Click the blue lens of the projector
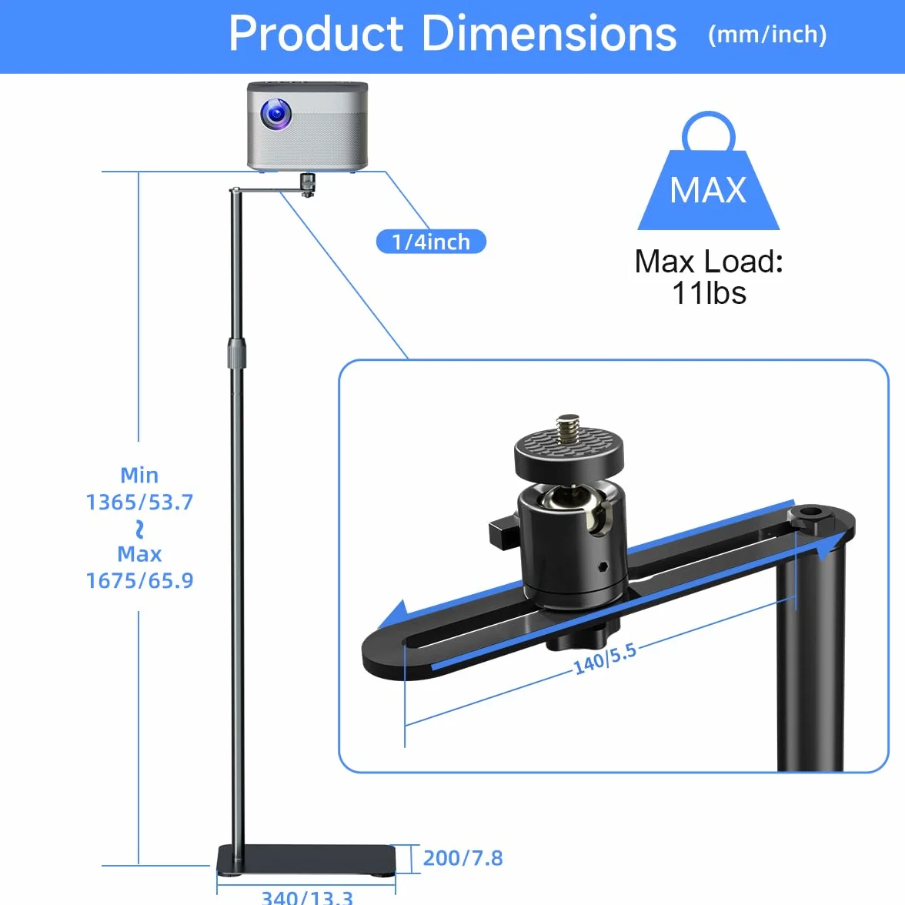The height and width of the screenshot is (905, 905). pyautogui.click(x=276, y=114)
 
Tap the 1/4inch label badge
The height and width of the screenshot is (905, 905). pyautogui.click(x=431, y=242)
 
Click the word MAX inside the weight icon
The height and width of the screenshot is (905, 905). pyautogui.click(x=708, y=190)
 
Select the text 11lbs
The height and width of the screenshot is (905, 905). pyautogui.click(x=709, y=292)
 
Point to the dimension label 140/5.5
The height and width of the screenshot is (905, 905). pyautogui.click(x=605, y=659)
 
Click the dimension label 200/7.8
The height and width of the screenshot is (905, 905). pyautogui.click(x=463, y=858)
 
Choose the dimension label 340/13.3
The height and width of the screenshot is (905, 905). pyautogui.click(x=307, y=897)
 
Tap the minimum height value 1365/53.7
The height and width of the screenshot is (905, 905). pyautogui.click(x=140, y=502)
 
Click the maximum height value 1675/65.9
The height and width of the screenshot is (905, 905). pyautogui.click(x=140, y=580)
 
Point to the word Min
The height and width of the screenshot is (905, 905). pyautogui.click(x=139, y=476)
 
